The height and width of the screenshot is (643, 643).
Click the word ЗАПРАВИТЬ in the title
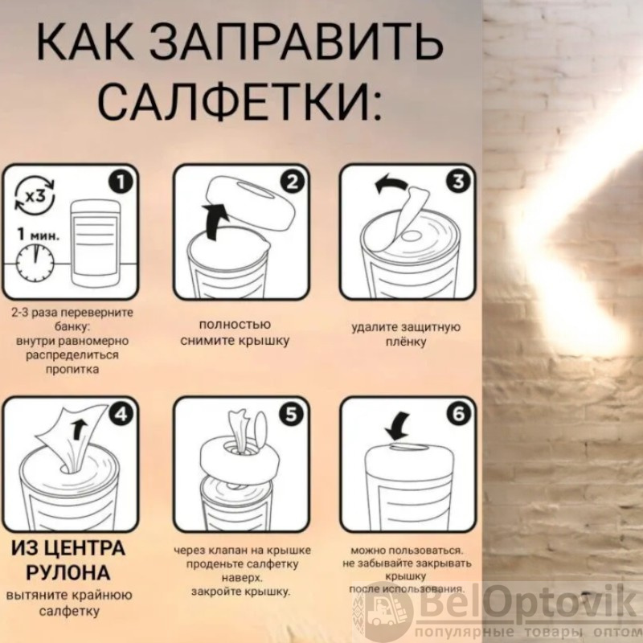click(x=296, y=43)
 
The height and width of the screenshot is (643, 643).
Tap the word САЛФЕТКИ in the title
click(x=235, y=100)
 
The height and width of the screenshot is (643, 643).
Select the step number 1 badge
click(x=121, y=182)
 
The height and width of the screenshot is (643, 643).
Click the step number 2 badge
click(x=292, y=182)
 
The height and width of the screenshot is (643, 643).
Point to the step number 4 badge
click(x=121, y=415)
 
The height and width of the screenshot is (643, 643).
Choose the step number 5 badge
click(x=291, y=415)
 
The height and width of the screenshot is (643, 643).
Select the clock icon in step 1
click(x=35, y=263)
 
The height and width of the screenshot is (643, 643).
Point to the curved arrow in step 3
click(x=391, y=184)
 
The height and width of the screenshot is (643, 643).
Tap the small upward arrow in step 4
click(x=78, y=430)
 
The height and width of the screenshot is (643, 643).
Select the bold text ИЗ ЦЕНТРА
click(x=68, y=548)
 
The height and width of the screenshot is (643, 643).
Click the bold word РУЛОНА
click(x=68, y=573)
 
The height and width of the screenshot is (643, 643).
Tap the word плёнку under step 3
click(x=406, y=342)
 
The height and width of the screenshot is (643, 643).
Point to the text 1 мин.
click(x=38, y=234)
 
